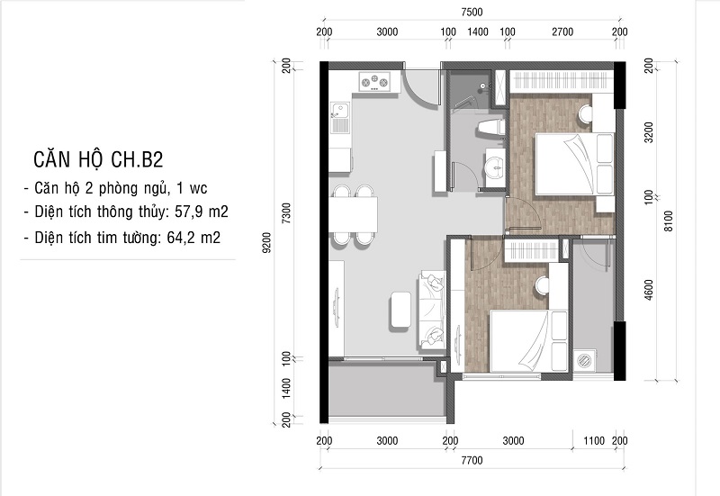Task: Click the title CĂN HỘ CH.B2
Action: pyautogui.click(x=98, y=160)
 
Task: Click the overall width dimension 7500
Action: pyautogui.click(x=472, y=13)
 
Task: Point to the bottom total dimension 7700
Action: pyautogui.click(x=472, y=460)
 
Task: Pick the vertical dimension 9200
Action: pyautogui.click(x=267, y=242)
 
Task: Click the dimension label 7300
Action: pyautogui.click(x=286, y=213)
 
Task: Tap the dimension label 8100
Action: pyautogui.click(x=668, y=221)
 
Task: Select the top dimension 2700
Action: pyautogui.click(x=562, y=32)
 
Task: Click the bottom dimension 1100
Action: pyautogui.click(x=594, y=441)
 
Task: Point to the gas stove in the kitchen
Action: pyautogui.click(x=374, y=82)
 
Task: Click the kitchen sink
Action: pyautogui.click(x=340, y=118)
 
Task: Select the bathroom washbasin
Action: pyautogui.click(x=496, y=167)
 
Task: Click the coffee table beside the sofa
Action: pyautogui.click(x=400, y=310)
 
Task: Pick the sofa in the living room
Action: pyautogui.click(x=431, y=310)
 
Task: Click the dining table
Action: pyautogui.click(x=354, y=214)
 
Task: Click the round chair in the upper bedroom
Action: pyautogui.click(x=584, y=113)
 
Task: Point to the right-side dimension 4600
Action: pyautogui.click(x=648, y=290)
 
